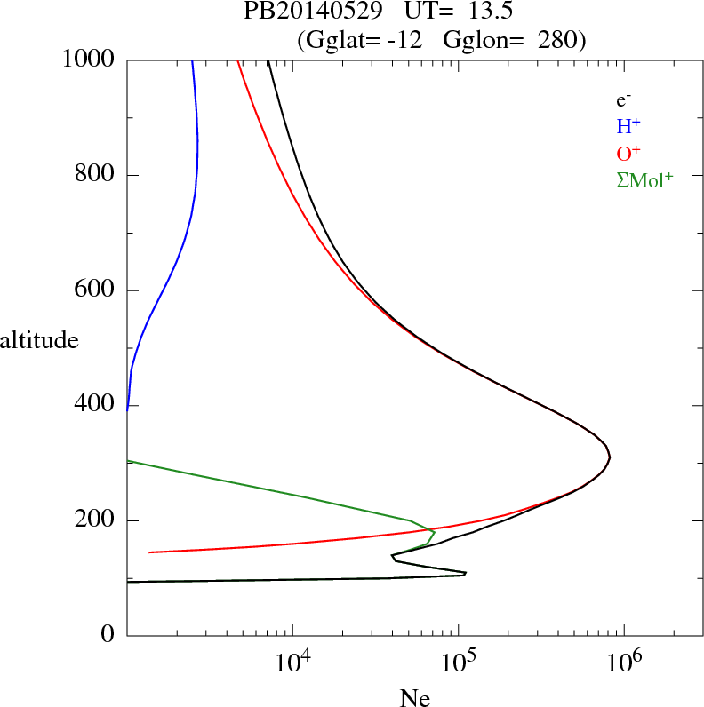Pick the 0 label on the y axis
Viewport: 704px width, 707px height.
click(x=109, y=636)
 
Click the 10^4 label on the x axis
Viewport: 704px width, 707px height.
click(x=293, y=663)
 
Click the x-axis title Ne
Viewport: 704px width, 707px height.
click(x=415, y=698)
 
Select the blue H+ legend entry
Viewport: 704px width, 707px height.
click(x=628, y=125)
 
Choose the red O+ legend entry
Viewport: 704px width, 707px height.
click(x=628, y=152)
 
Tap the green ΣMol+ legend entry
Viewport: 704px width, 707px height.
click(x=644, y=179)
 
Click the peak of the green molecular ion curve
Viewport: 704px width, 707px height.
click(x=434, y=532)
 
